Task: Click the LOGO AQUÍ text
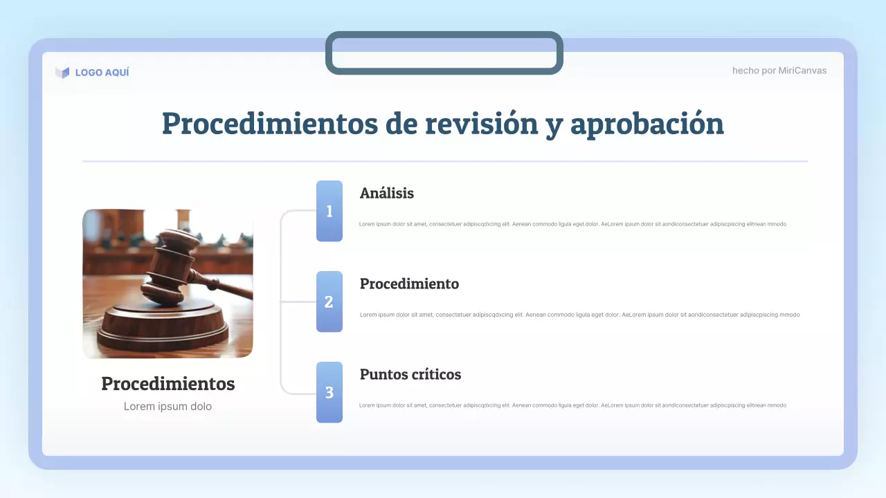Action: tap(102, 72)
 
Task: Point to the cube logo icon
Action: tap(62, 72)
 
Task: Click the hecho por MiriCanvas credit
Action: tap(779, 71)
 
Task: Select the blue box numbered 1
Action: tap(329, 211)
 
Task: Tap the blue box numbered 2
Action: tap(329, 302)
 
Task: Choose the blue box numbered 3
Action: tap(329, 392)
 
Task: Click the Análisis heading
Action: tap(386, 194)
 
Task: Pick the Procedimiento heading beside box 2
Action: tap(409, 284)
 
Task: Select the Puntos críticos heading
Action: tap(410, 375)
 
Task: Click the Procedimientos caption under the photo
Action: tap(168, 384)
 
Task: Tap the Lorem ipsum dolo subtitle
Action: tap(168, 407)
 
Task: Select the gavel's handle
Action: tap(221, 284)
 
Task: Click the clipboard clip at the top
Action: tap(444, 53)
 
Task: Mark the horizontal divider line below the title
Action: tap(444, 161)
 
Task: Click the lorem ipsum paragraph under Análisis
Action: tap(572, 224)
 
